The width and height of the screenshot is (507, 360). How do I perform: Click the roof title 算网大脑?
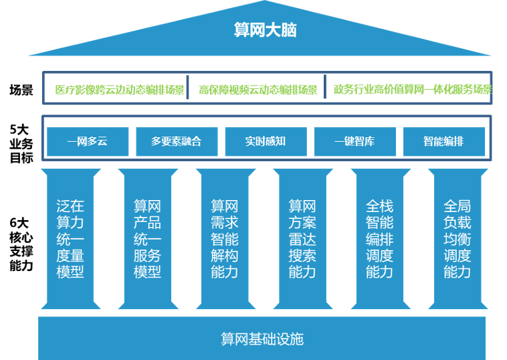(266, 30)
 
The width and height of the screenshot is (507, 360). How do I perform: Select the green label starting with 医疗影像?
(119, 90)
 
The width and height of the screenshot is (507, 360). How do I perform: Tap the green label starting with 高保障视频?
(258, 90)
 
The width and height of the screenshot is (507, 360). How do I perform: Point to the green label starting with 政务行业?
(412, 90)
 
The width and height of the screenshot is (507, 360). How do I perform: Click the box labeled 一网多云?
(87, 141)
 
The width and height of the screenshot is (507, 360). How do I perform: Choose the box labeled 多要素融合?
(176, 141)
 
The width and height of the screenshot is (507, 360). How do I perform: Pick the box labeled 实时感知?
(266, 141)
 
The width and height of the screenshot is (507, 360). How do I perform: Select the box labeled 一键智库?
(354, 141)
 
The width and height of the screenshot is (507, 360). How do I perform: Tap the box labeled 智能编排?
(443, 141)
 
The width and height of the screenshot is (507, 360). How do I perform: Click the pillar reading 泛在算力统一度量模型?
(70, 239)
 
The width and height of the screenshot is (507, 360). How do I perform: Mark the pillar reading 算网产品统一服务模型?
(148, 239)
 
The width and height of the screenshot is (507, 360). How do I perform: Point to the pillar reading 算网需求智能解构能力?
(225, 239)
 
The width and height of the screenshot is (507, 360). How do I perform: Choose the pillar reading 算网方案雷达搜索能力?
(302, 239)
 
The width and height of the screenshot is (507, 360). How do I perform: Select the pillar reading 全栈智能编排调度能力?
(380, 239)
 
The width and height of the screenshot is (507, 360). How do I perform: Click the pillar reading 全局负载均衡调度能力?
(458, 239)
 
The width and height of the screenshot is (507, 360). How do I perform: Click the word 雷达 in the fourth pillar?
(302, 239)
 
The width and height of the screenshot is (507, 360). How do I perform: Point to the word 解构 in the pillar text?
(225, 255)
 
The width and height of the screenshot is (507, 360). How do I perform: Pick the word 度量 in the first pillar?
(70, 255)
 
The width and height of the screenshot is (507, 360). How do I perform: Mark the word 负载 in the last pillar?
(458, 222)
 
